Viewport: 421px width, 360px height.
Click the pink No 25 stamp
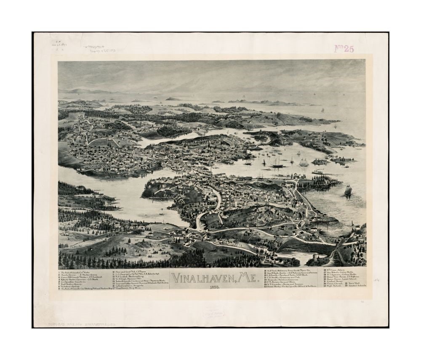(344, 48)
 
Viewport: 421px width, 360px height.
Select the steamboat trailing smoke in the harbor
(318, 172)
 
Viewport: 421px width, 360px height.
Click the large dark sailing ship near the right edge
(348, 190)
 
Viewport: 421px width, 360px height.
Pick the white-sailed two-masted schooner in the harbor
(303, 162)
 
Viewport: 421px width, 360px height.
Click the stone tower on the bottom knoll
(314, 257)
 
